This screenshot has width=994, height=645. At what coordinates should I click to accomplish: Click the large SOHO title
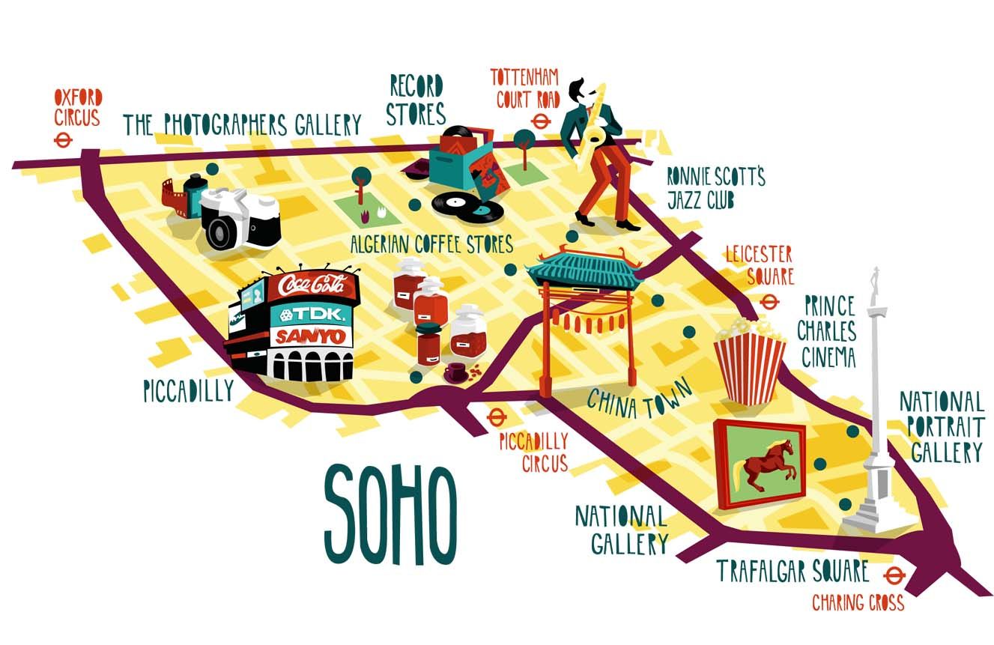point(390,515)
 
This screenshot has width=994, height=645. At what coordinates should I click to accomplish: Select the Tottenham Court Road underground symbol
point(538,121)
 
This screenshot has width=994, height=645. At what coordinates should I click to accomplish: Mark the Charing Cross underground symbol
point(892,576)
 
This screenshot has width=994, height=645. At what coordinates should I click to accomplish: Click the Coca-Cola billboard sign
point(313,285)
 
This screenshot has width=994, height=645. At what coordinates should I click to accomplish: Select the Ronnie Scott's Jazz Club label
point(715,188)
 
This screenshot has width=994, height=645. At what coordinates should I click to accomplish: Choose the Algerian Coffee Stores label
point(431,243)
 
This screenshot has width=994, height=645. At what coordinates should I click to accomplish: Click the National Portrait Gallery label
point(942,427)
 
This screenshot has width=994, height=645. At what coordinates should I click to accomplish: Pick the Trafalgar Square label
point(793,571)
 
